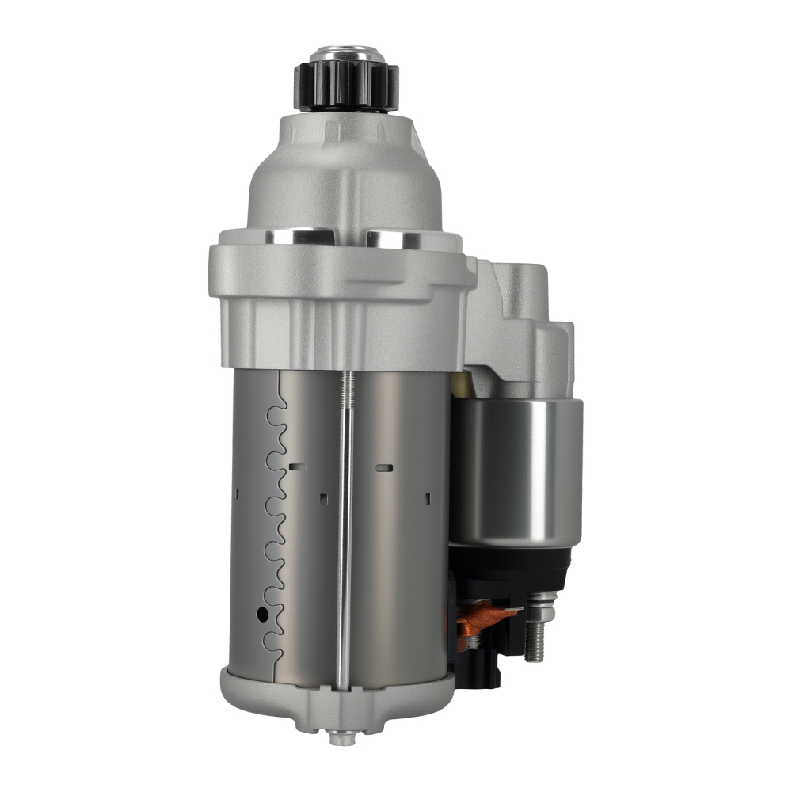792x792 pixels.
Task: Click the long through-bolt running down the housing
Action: click(x=345, y=539)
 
